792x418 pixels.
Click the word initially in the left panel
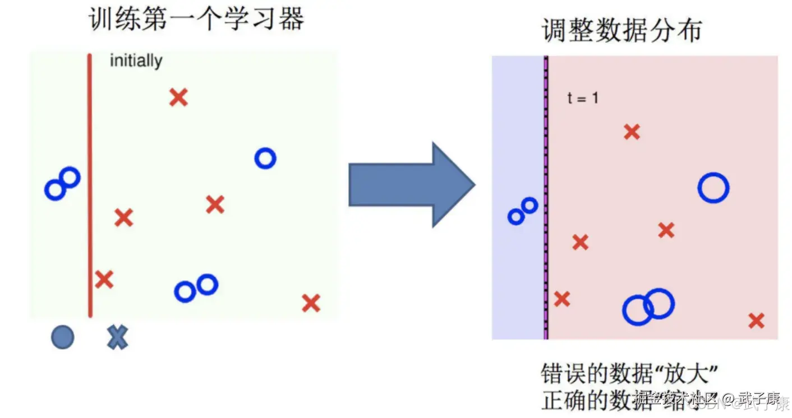tap(136, 61)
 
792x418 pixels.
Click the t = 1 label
tap(583, 98)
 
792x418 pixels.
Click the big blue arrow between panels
tap(412, 185)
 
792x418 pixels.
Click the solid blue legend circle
tap(62, 337)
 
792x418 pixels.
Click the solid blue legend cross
tap(117, 337)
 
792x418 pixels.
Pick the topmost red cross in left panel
tap(178, 97)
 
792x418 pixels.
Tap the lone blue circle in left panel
tap(265, 159)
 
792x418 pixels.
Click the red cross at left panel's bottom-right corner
tap(311, 303)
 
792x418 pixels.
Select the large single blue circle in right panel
tap(713, 188)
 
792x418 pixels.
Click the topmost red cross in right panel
tap(632, 132)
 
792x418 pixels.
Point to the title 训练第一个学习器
tap(196, 19)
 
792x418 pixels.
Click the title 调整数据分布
tap(621, 30)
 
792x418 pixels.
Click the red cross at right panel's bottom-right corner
tap(756, 321)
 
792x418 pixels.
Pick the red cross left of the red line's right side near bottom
tap(104, 279)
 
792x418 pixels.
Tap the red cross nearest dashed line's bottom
tap(562, 299)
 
